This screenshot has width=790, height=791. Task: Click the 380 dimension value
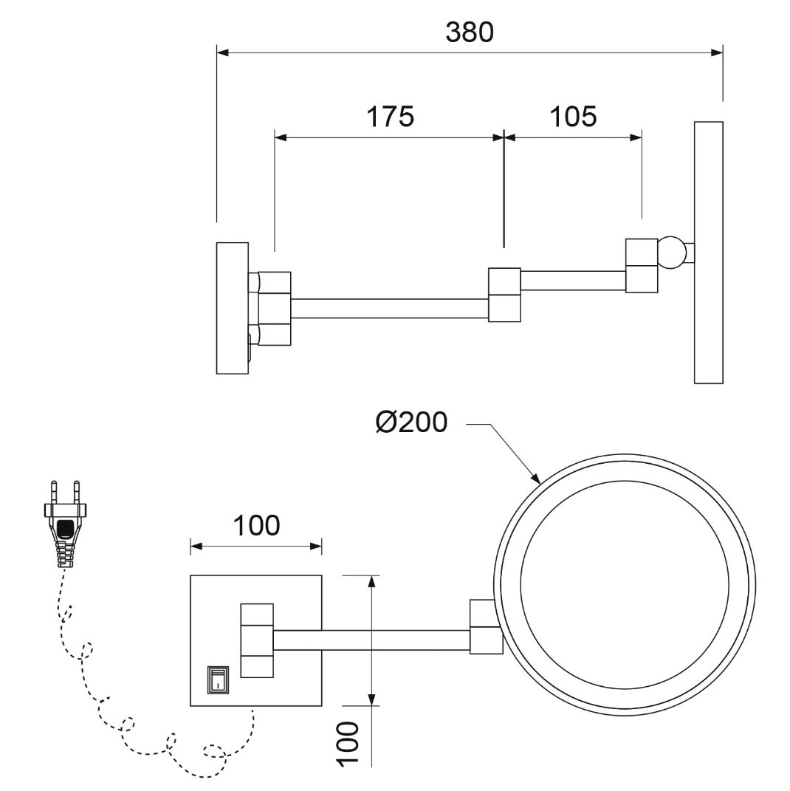[x=470, y=32]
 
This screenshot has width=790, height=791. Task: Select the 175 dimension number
[x=391, y=117]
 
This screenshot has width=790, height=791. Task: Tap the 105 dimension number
[x=573, y=117]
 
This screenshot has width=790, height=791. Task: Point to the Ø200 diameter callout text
[x=411, y=422]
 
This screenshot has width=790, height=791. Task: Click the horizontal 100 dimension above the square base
[x=256, y=525]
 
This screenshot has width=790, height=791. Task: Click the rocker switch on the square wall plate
[x=217, y=679]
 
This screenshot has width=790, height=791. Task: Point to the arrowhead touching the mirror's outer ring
[x=535, y=477]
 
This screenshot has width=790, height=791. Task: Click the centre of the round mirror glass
[x=624, y=585]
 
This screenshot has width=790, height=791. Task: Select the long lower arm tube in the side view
[x=390, y=308]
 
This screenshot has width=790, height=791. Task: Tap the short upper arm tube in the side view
[x=573, y=281]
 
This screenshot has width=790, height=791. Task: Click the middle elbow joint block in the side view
[x=504, y=295]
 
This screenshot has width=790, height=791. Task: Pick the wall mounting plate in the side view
[x=233, y=308]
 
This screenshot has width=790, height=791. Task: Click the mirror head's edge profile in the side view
[x=708, y=253]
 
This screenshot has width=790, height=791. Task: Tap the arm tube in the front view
[x=371, y=640]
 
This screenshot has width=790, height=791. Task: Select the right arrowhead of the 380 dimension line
[x=716, y=52]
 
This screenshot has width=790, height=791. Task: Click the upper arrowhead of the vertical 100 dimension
[x=371, y=582]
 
